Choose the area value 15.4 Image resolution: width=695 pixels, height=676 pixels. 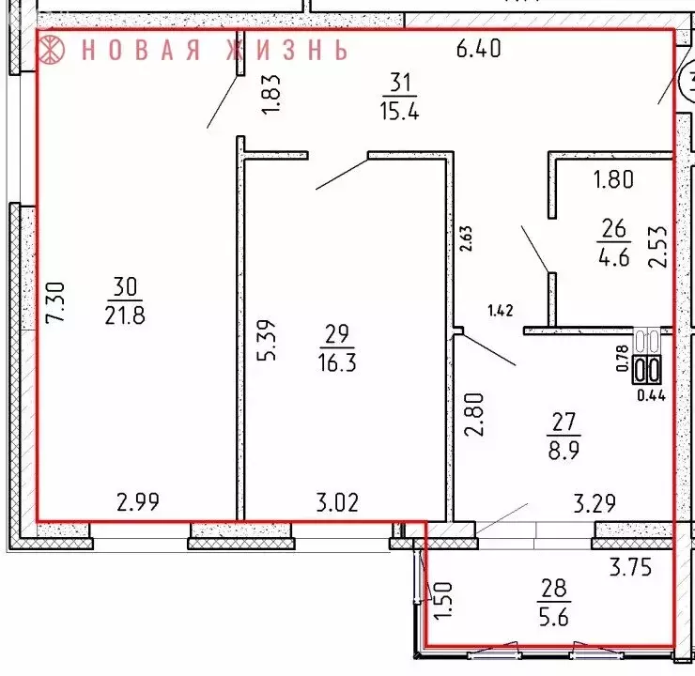(401, 110)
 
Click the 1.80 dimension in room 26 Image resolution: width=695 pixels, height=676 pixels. (615, 178)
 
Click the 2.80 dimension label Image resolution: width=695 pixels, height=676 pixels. (474, 419)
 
